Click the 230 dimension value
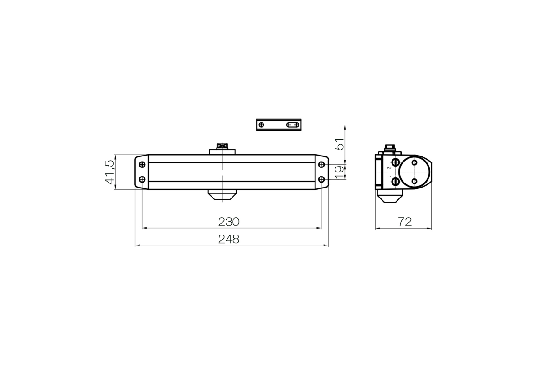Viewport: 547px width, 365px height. point(229,222)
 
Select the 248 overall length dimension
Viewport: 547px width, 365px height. point(229,239)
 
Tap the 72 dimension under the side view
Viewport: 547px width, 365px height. point(405,222)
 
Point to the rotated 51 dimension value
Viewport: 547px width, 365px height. point(340,144)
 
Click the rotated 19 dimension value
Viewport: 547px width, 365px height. point(340,172)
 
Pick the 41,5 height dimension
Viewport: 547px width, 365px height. point(109,172)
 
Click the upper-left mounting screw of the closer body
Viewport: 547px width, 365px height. point(142,165)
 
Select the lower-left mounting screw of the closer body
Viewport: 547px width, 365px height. point(142,179)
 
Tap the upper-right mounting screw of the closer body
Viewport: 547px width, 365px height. point(321,165)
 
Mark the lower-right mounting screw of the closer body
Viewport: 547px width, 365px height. point(321,179)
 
